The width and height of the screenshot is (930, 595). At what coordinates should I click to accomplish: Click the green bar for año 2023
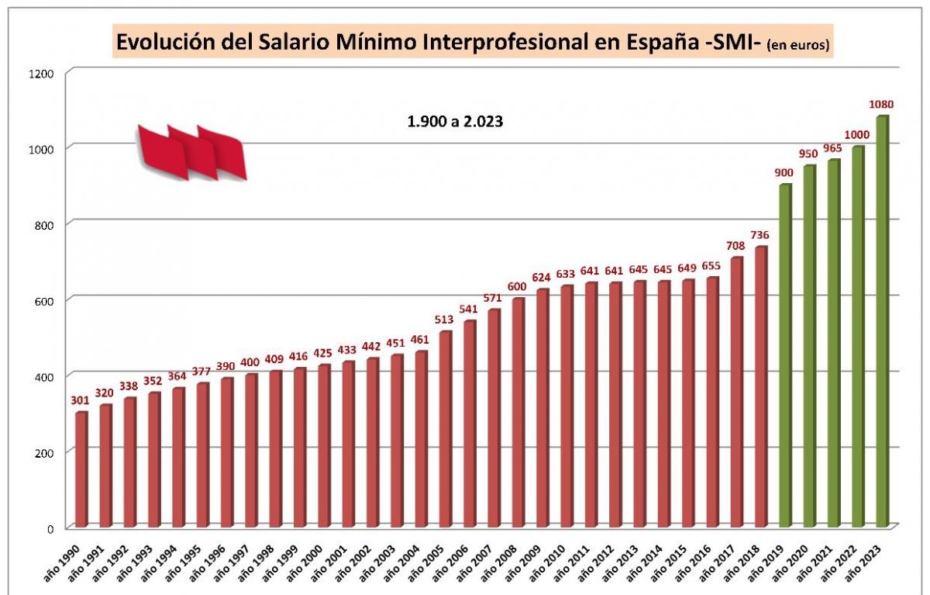click(882, 322)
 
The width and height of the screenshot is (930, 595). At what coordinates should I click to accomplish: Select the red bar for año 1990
click(81, 469)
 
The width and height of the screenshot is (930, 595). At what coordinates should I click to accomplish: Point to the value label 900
click(785, 172)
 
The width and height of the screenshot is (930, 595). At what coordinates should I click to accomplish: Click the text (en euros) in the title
click(797, 46)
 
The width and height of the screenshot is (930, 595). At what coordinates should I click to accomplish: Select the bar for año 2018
click(760, 386)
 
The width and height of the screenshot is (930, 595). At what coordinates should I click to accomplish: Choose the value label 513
click(444, 320)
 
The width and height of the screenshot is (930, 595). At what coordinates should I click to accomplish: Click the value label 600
click(517, 286)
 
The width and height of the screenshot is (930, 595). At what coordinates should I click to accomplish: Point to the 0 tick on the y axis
click(50, 529)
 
